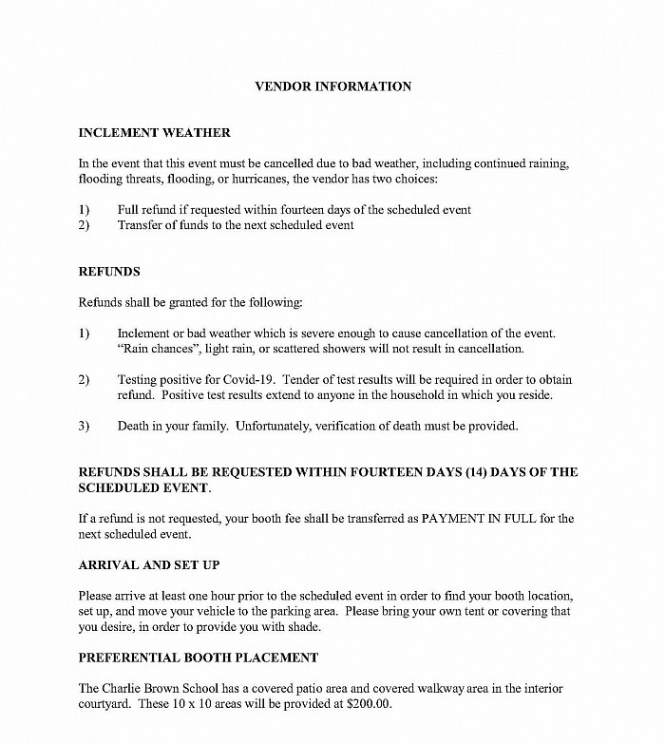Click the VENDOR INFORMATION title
(x=333, y=86)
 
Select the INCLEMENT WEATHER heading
(x=154, y=133)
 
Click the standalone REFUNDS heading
(x=109, y=272)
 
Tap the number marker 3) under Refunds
(x=84, y=426)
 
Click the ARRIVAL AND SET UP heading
(x=149, y=565)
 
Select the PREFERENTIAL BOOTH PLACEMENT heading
(x=199, y=658)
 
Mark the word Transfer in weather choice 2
(x=140, y=225)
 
